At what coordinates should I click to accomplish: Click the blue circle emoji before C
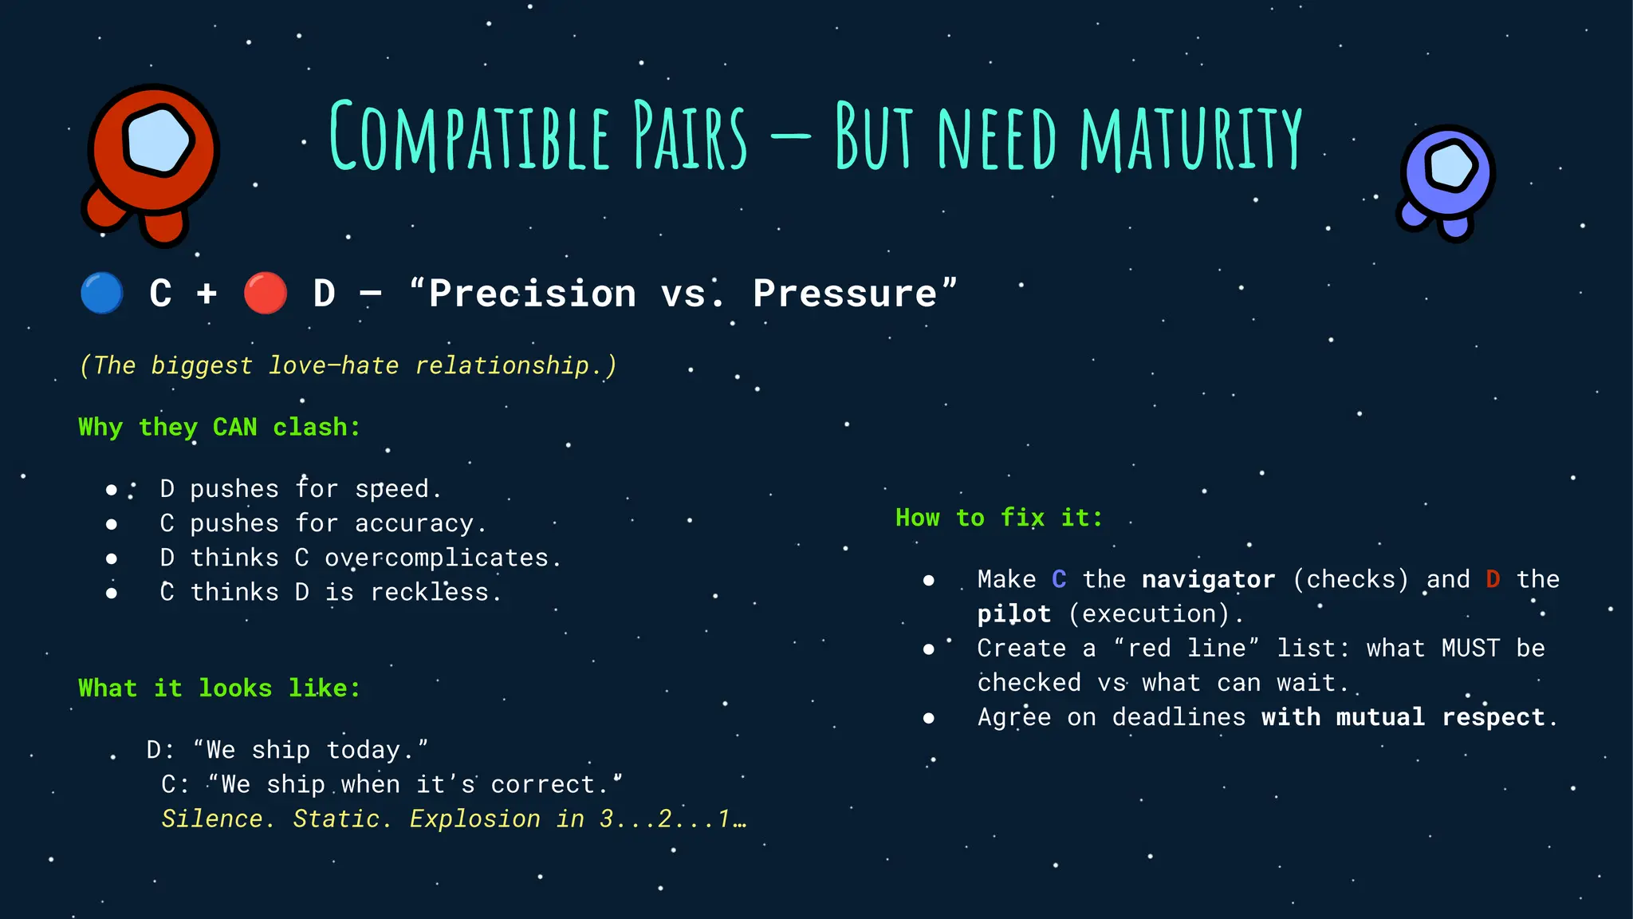click(102, 294)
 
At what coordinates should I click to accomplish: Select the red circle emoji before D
click(266, 294)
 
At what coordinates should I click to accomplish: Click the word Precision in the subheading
click(533, 294)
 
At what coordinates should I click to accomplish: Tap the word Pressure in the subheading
click(845, 294)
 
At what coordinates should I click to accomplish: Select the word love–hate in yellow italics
click(333, 365)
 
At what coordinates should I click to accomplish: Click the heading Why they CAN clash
click(219, 427)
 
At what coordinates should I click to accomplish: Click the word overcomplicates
click(437, 558)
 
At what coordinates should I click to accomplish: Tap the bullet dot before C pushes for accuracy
click(112, 524)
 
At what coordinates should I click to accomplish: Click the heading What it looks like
click(219, 688)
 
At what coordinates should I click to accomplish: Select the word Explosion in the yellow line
click(474, 819)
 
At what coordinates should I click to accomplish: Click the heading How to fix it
click(999, 518)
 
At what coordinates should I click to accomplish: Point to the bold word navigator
click(1208, 579)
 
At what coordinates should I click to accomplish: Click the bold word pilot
click(1014, 613)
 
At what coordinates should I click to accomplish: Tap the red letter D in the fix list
click(1493, 579)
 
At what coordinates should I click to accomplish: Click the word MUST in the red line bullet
click(1470, 648)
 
